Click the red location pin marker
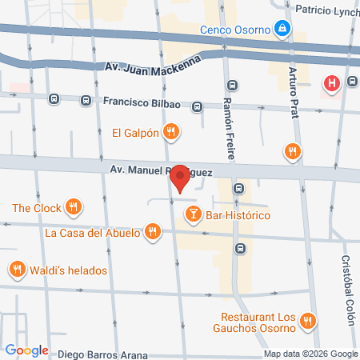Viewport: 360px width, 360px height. (x=180, y=178)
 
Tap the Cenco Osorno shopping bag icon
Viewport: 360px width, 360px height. (x=281, y=30)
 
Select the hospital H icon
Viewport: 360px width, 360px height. (x=330, y=83)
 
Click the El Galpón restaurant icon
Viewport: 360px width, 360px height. (x=170, y=132)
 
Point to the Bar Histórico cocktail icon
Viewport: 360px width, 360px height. (x=193, y=214)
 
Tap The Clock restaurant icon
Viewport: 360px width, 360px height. (x=74, y=207)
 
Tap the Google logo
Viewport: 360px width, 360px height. (x=26, y=350)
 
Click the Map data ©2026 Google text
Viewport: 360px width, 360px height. (x=311, y=354)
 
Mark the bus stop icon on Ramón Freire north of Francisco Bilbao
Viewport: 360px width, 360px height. (x=233, y=85)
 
